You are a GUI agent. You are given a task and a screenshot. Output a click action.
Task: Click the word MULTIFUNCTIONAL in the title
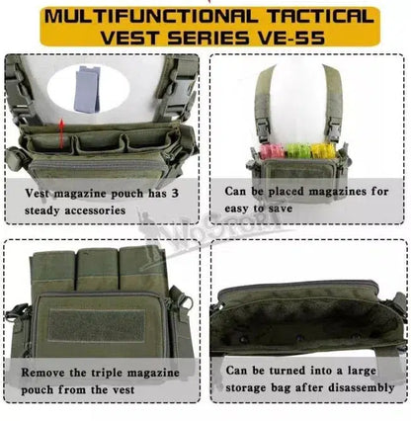(151, 16)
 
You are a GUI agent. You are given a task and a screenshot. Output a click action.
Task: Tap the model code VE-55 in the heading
(291, 37)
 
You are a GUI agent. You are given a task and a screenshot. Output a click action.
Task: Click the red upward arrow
(61, 134)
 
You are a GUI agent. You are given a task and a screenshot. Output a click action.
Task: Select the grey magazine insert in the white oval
(87, 89)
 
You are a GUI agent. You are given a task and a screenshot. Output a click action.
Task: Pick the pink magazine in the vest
(272, 151)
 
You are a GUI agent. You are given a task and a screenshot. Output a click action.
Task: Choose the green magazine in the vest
(297, 151)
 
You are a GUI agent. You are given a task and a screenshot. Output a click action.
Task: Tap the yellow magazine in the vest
(324, 151)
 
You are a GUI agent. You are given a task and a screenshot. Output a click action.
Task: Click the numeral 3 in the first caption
(175, 193)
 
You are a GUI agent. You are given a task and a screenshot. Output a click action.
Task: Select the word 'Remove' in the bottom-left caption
(43, 373)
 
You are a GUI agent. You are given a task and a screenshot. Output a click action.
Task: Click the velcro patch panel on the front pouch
(96, 325)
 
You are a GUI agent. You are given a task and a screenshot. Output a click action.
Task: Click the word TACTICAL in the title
(320, 16)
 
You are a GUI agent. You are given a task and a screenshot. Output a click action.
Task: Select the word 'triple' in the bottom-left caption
(107, 374)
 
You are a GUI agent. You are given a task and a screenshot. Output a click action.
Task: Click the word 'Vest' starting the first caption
(37, 193)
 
